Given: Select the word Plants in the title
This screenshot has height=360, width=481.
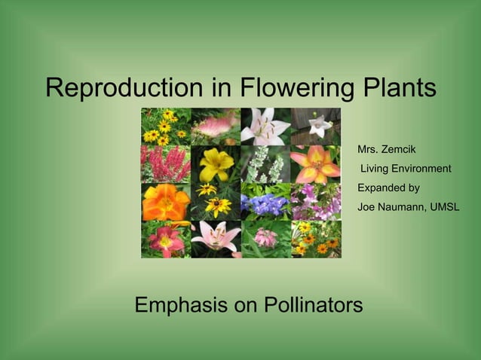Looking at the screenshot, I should click(x=398, y=88).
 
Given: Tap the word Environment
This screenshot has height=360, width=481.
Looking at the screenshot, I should click(x=423, y=168).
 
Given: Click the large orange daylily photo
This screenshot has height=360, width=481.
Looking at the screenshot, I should click(x=166, y=201).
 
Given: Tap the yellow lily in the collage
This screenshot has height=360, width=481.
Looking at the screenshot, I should click(x=216, y=164).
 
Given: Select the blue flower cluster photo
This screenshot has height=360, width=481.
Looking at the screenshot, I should click(x=265, y=202).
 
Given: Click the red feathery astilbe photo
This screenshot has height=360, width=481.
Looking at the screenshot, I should click(x=166, y=164).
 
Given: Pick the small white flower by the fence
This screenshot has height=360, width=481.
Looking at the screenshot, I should click(x=316, y=126).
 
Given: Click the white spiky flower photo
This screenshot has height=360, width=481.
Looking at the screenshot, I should click(x=265, y=164).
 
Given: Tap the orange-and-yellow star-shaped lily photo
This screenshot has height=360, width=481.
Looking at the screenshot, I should click(x=316, y=164).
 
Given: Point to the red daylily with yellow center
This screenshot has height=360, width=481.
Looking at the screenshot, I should click(x=166, y=239).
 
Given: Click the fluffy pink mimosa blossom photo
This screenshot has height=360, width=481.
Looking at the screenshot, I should click(x=216, y=126).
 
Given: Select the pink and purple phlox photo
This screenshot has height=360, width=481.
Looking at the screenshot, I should click(x=316, y=202).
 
